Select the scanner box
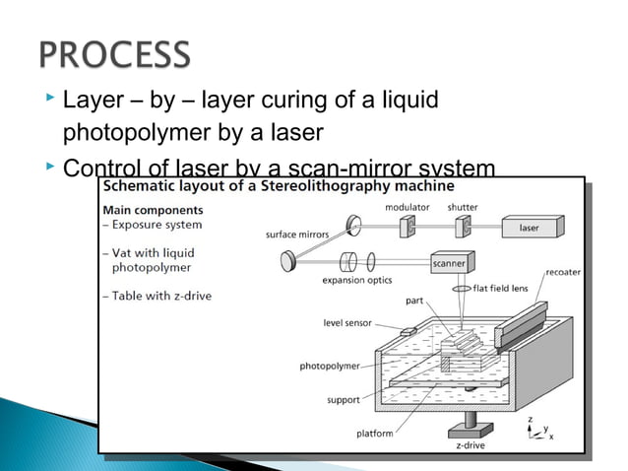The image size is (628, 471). pos(448,263)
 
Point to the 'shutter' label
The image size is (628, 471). pos(463,207)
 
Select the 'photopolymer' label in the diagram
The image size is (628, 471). pos(330,366)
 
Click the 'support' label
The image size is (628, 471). pos(343,400)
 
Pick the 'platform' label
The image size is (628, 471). pos(374,433)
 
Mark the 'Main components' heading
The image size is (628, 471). pos(153,210)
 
